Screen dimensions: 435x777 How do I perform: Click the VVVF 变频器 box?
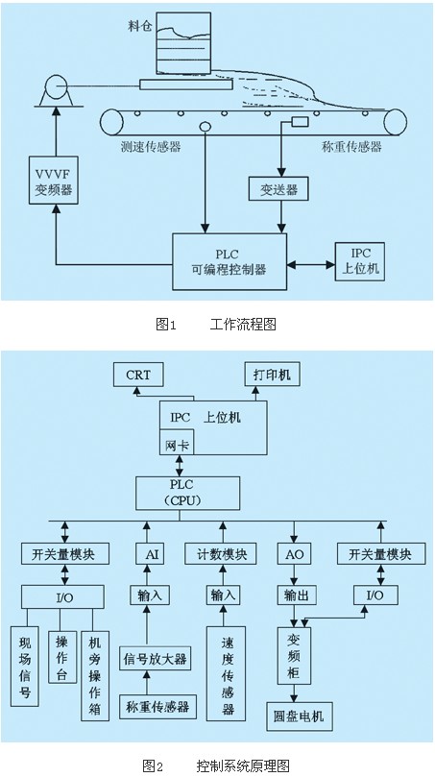[x=54, y=180]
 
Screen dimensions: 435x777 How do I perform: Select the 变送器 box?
[x=278, y=189]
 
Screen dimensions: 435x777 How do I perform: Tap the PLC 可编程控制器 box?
[x=230, y=261]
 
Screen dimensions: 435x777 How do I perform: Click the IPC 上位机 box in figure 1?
[x=360, y=261]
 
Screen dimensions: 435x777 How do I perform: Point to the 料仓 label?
[x=138, y=26]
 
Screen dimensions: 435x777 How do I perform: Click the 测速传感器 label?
[x=151, y=147]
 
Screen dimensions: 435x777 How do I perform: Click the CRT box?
[x=138, y=375]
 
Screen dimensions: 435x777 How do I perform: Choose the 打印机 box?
[x=272, y=375]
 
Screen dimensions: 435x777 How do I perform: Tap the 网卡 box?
[x=177, y=443]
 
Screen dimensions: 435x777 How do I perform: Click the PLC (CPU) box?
[x=188, y=494]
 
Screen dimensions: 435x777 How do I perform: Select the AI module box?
[x=152, y=554]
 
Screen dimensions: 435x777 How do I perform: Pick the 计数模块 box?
[x=221, y=554]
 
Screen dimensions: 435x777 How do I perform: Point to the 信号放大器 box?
[x=155, y=659]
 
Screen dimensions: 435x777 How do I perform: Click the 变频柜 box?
[x=294, y=656]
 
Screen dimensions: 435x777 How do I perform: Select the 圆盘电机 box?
[x=300, y=716]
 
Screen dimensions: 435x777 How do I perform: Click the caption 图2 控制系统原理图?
[x=216, y=765]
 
